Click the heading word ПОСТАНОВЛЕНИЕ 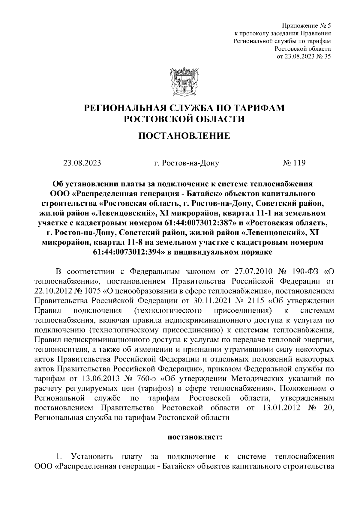(184, 136)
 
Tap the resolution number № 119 (294, 163)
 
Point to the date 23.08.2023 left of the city (82, 163)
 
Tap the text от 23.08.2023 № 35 (304, 56)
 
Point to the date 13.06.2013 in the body (94, 379)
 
